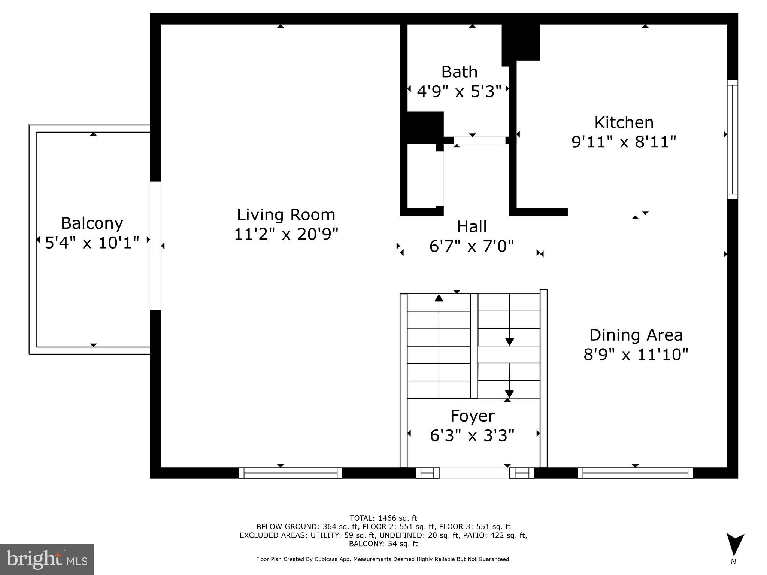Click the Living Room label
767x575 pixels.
coord(286,215)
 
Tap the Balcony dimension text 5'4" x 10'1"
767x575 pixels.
coord(92,243)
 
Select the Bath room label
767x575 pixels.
coord(459,72)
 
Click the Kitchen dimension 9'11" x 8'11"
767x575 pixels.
coord(624,142)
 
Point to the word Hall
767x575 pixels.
coord(472,226)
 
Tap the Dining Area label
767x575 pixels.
coord(636,335)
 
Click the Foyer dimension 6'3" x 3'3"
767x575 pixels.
coord(472,435)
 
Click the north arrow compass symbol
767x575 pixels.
coord(735,545)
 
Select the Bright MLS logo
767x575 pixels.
coord(47,559)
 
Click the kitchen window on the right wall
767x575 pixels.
coord(732,139)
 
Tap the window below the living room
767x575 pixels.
coord(291,473)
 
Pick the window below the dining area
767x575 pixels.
coord(635,473)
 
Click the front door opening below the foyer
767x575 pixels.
coord(474,473)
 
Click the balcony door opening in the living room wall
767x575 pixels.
coord(155,246)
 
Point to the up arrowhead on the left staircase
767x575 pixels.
coord(439,298)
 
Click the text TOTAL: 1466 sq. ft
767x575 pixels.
coord(383,518)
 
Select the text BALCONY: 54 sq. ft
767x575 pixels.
coord(383,544)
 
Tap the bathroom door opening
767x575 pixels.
coord(479,140)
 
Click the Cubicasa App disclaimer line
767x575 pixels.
coord(383,559)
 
